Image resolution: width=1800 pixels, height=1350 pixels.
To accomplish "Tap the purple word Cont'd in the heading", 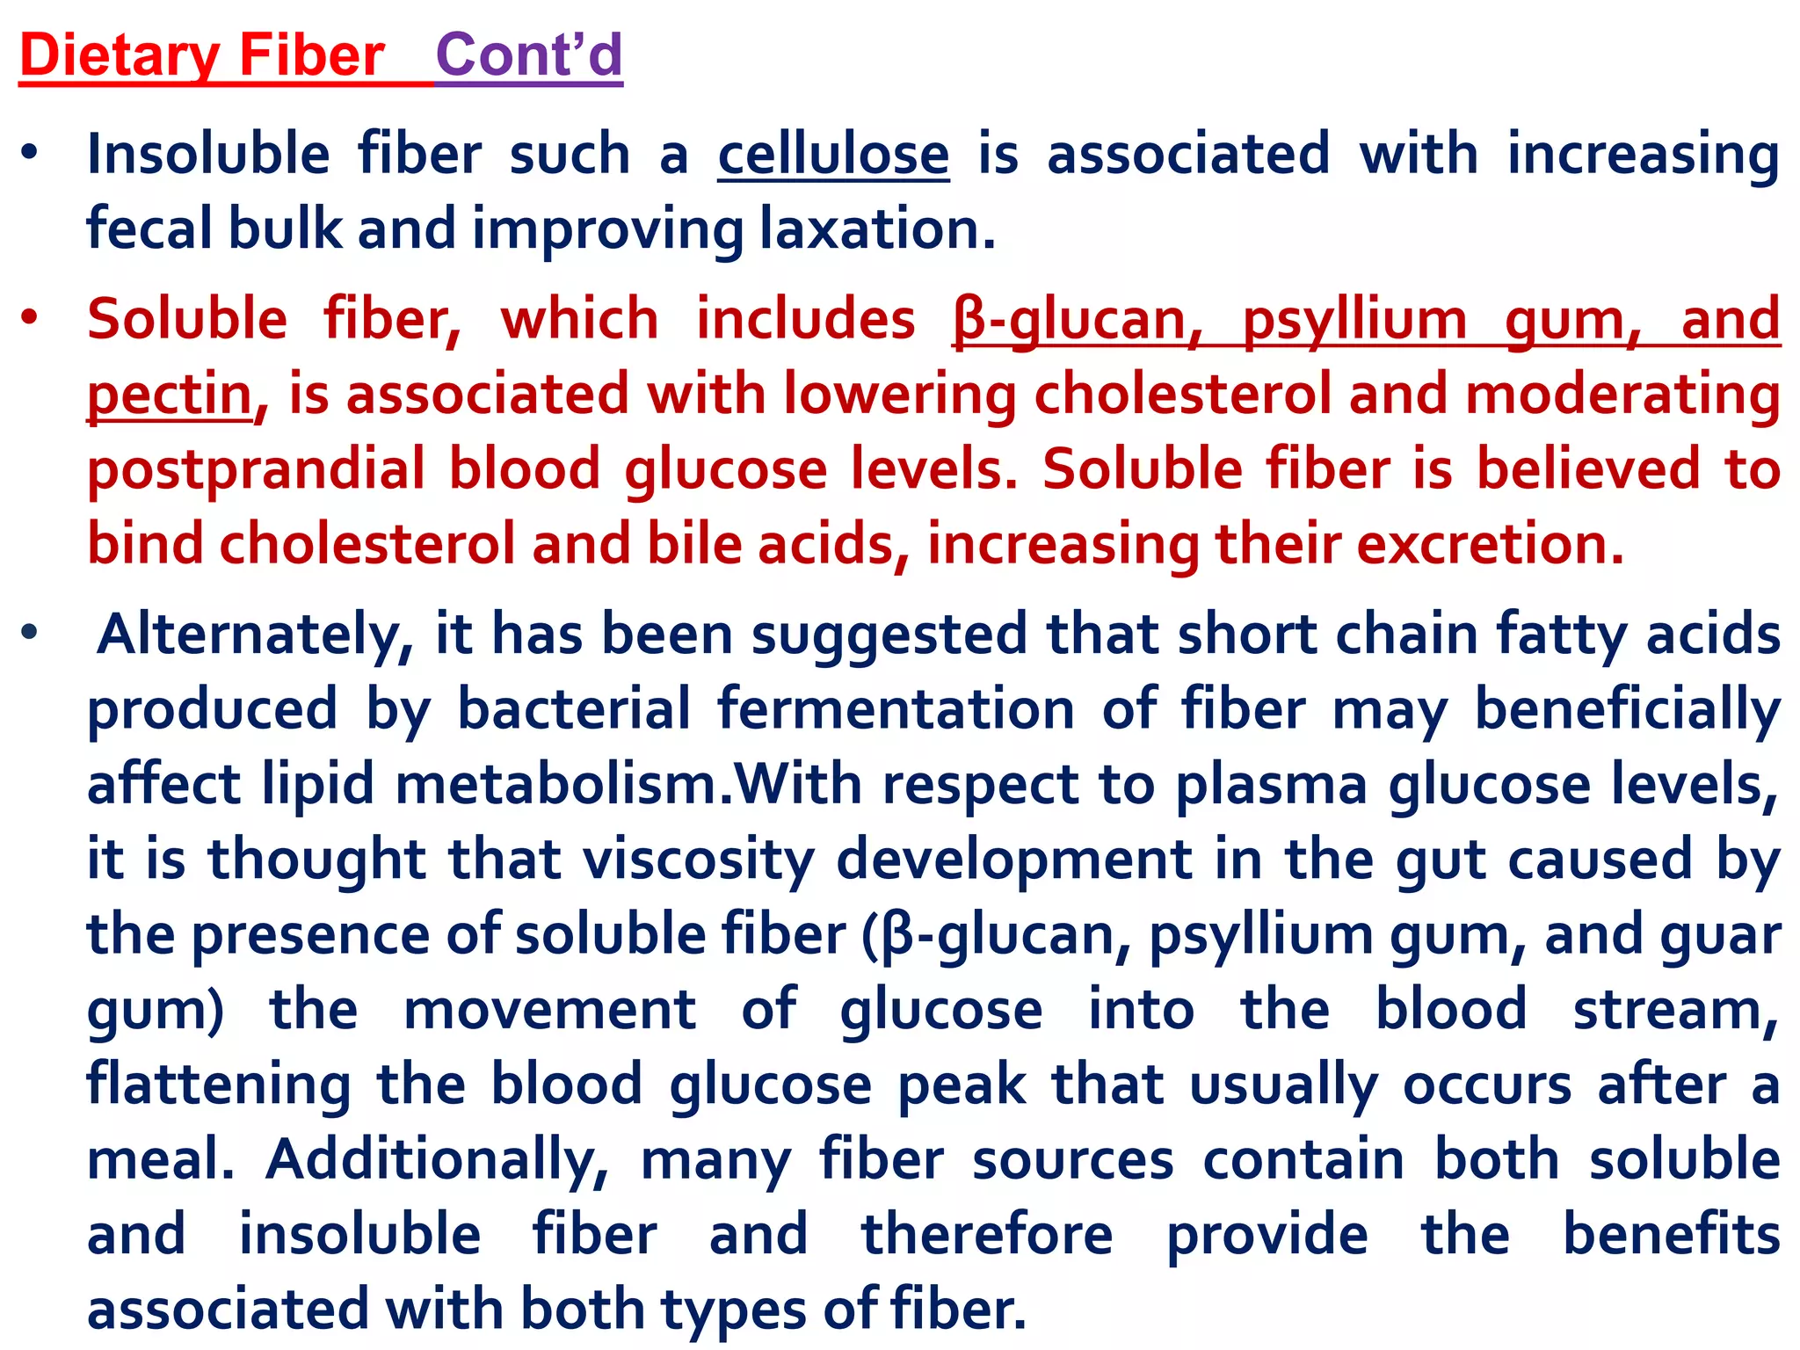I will pos(529,55).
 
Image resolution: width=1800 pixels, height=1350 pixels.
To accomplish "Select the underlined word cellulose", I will pos(833,155).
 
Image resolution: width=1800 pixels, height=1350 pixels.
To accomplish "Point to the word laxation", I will pos(877,229).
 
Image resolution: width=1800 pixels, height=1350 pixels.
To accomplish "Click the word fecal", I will pos(149,229).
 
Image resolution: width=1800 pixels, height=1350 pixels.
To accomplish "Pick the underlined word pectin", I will pos(170,394).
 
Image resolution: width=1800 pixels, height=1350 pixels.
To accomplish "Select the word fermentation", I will pos(896,709).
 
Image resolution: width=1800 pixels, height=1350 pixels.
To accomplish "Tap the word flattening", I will pos(219,1085).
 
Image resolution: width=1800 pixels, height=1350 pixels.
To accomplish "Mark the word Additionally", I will pos(437,1160).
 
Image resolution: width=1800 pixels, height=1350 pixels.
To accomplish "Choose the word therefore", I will pos(987,1235).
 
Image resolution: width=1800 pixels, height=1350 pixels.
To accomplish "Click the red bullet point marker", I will pos(31,318).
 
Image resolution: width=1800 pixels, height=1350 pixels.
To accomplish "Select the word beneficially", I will pos(1627,709).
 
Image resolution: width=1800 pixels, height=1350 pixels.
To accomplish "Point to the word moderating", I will pos(1622,394).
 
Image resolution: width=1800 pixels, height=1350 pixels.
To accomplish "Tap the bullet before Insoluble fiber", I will pos(31,154).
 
